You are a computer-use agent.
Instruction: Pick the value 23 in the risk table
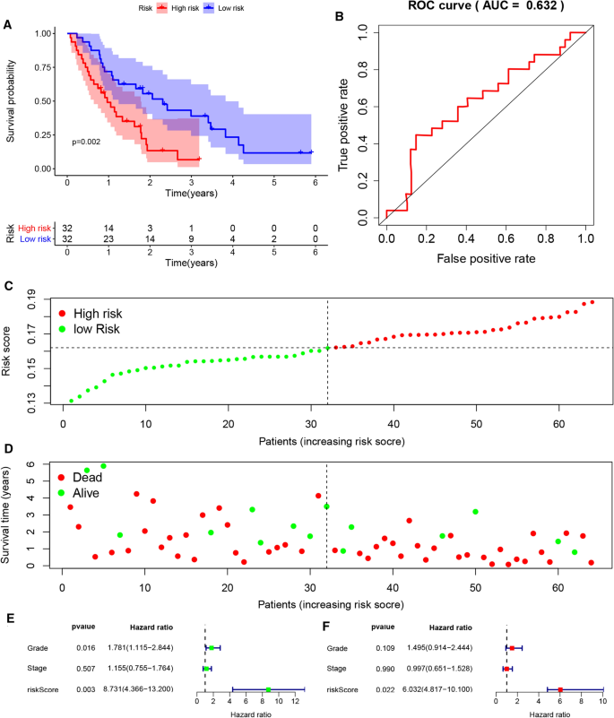point(108,238)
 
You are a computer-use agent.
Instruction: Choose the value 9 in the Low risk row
point(192,238)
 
